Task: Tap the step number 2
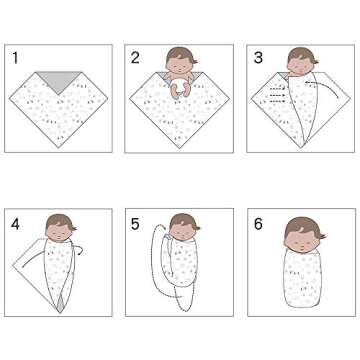click(135, 58)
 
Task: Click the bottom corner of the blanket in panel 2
click(180, 150)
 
